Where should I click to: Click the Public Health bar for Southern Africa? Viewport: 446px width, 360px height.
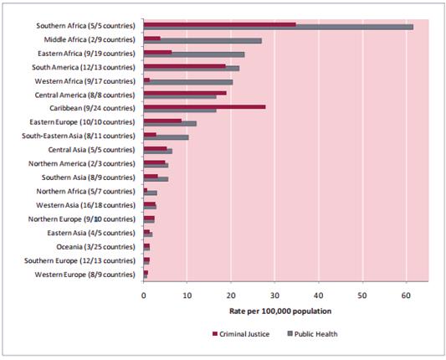coord(279,28)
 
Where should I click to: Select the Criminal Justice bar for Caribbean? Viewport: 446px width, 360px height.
coord(204,106)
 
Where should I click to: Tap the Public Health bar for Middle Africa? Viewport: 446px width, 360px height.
coord(202,41)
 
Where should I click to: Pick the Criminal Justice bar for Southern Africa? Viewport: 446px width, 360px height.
coord(220,24)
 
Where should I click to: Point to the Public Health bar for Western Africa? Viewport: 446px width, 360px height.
coord(188,82)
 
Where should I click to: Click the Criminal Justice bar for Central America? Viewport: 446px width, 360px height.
coord(185,93)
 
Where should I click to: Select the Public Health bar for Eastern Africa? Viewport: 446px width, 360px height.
coord(194,54)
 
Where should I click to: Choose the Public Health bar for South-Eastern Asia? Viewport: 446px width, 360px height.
coord(167,137)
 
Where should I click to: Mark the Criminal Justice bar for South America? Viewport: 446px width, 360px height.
coord(185,66)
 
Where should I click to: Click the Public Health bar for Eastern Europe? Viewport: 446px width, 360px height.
coord(170,124)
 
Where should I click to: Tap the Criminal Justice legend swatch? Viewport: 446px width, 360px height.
coord(215,333)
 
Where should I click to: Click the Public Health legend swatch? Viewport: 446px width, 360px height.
coord(290,333)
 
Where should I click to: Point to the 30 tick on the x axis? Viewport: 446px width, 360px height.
coord(274,282)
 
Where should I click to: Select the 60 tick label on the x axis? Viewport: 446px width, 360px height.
coord(406,296)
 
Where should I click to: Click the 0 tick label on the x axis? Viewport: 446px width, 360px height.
coord(144,296)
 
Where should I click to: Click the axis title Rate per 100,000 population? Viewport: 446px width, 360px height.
coord(280,311)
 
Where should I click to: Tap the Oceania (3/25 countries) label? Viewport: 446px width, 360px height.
coord(95,247)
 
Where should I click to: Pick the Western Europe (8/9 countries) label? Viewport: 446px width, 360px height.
coord(85,275)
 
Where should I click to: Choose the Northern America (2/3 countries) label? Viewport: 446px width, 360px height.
coord(82,163)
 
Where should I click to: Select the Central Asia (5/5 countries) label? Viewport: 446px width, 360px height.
coord(91,150)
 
